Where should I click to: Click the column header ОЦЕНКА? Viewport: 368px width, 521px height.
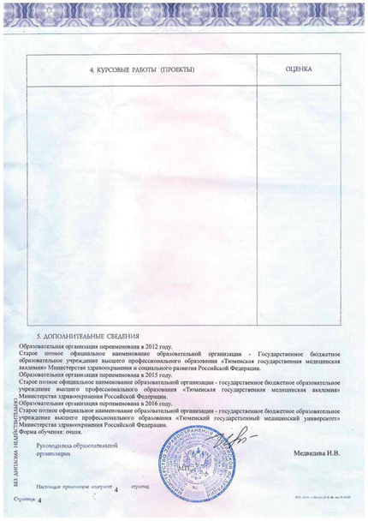pos(297,69)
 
